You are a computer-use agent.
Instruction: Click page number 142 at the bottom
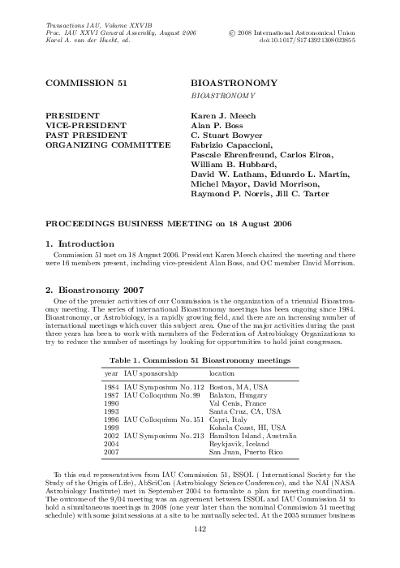click(200, 551)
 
